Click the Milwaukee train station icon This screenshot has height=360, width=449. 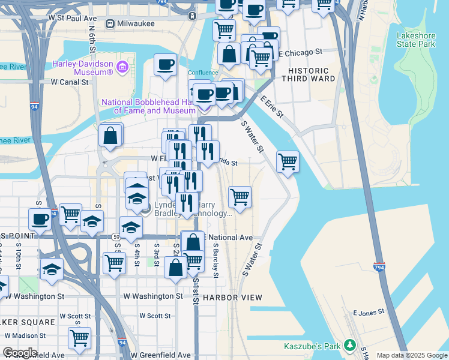(110, 23)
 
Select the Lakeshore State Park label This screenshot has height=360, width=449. (415, 40)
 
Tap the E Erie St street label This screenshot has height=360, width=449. (271, 106)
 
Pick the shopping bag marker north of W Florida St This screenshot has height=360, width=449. (111, 135)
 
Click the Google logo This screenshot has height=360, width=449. (20, 353)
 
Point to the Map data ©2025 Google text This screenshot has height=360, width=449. (411, 355)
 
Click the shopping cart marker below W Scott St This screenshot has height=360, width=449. (79, 338)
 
